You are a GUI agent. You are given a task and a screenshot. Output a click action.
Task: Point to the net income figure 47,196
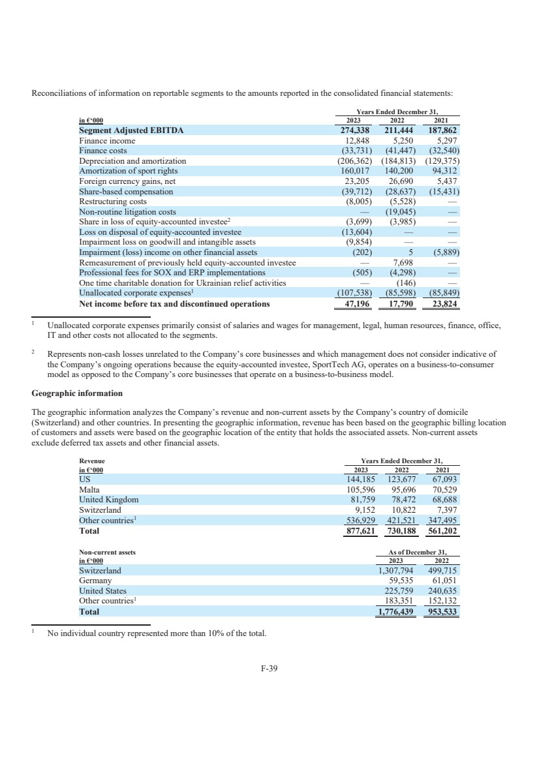pyautogui.click(x=357, y=303)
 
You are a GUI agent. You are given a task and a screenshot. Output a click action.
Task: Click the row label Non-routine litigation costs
pyautogui.click(x=127, y=212)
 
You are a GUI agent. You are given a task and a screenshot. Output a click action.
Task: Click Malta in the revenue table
pyautogui.click(x=89, y=489)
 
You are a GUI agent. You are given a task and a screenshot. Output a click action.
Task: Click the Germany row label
pyautogui.click(x=95, y=581)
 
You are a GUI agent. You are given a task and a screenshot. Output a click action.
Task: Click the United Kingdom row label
pyautogui.click(x=109, y=500)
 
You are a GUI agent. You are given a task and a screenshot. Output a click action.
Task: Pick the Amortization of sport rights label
pyautogui.click(x=131, y=171)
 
